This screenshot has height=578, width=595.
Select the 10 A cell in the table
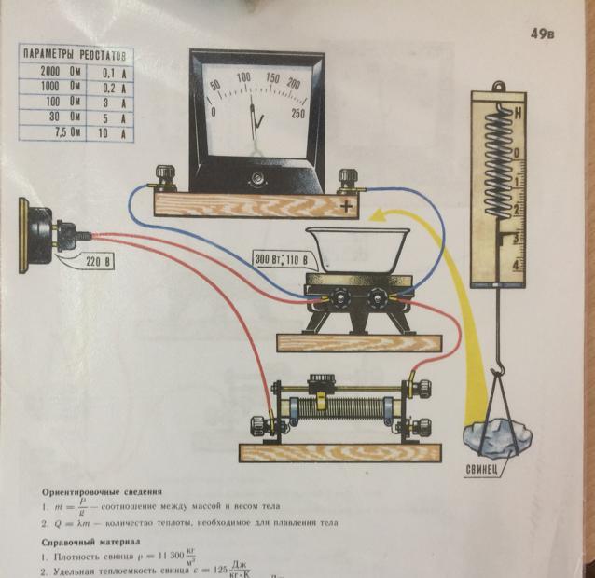pos(113,132)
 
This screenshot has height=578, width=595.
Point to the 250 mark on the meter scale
pos(297,114)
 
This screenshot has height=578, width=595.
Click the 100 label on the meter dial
pos(243,77)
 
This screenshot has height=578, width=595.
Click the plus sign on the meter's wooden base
pos(347,207)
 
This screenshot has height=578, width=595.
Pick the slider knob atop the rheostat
pos(322,380)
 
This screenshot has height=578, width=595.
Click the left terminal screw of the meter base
pos(169,175)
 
